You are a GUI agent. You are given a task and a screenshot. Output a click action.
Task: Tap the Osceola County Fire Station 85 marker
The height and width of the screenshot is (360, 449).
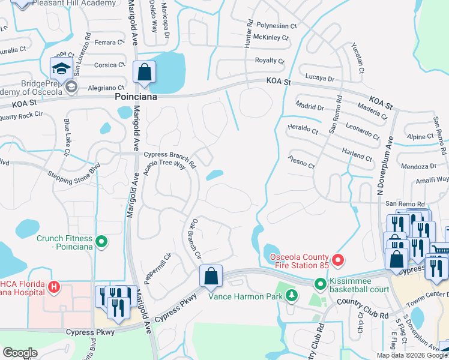pyautogui.click(x=338, y=260)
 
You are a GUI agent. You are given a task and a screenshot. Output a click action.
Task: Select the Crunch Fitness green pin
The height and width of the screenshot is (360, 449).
pyautogui.click(x=101, y=242)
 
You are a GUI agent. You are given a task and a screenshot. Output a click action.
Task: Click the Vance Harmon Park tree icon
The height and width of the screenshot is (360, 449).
pyautogui.click(x=291, y=295)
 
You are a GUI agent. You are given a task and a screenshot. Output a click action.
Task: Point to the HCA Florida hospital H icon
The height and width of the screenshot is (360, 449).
pyautogui.click(x=54, y=287)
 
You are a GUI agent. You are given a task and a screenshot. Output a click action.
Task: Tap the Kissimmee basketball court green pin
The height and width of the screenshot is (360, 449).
pyautogui.click(x=320, y=283)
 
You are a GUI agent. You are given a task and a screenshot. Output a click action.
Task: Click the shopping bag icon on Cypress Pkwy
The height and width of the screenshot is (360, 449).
pyautogui.click(x=211, y=276)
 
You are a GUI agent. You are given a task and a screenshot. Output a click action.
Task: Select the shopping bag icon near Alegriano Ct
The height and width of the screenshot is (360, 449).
pyautogui.click(x=144, y=73)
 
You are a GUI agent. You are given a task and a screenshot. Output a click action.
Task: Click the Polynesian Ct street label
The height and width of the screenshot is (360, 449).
pyautogui.click(x=277, y=26)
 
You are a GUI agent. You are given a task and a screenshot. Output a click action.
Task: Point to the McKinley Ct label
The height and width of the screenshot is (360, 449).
pyautogui.click(x=271, y=37)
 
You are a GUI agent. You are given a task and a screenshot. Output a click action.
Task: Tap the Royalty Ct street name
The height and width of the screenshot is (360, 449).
pyautogui.click(x=270, y=61)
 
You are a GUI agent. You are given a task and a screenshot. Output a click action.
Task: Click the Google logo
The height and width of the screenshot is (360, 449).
pyautogui.click(x=20, y=353)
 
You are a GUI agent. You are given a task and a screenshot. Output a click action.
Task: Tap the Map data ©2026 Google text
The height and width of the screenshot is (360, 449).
pyautogui.click(x=412, y=355)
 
